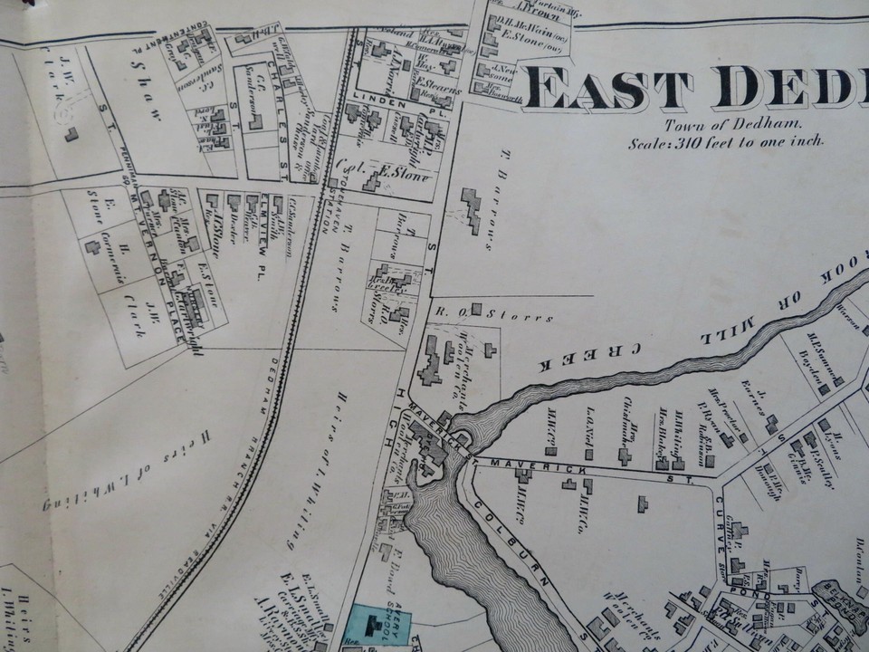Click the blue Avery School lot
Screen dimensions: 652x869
(376, 625)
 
